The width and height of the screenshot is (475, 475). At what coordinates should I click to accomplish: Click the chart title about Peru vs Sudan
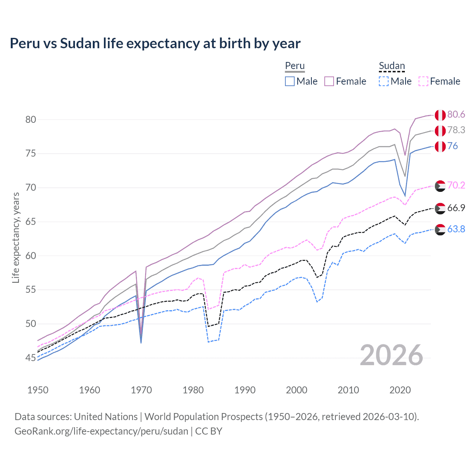(155, 43)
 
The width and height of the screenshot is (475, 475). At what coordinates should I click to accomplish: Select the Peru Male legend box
(290, 81)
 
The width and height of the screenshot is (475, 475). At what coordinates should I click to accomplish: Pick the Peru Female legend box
(329, 81)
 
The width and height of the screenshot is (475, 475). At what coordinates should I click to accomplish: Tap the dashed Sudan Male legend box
(384, 81)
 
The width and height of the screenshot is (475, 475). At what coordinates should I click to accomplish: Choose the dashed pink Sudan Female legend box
(423, 81)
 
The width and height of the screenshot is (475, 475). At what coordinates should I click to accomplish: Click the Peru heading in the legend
(295, 66)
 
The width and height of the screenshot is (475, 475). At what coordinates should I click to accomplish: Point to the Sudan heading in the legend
(392, 66)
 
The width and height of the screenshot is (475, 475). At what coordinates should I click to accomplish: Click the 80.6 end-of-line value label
(456, 114)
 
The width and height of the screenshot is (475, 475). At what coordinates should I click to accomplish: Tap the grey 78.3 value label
(456, 130)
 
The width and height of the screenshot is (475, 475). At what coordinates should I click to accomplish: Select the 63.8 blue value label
(456, 229)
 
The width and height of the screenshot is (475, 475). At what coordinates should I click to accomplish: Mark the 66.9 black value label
(456, 208)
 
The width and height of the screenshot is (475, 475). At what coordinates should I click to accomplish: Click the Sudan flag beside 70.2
(440, 186)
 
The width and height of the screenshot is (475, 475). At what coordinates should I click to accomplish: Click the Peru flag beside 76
(440, 147)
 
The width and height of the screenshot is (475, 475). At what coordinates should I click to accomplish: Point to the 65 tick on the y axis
(31, 222)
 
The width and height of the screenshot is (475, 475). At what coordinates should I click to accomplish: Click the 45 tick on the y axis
(31, 358)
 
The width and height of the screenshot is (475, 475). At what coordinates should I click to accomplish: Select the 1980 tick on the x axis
(193, 390)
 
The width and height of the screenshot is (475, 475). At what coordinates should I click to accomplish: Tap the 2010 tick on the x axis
(348, 390)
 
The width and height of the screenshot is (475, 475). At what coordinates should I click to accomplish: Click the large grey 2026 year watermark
(392, 355)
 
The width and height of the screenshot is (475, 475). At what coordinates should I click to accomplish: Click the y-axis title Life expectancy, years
(16, 237)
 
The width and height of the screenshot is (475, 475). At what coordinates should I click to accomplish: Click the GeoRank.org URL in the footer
(101, 431)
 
